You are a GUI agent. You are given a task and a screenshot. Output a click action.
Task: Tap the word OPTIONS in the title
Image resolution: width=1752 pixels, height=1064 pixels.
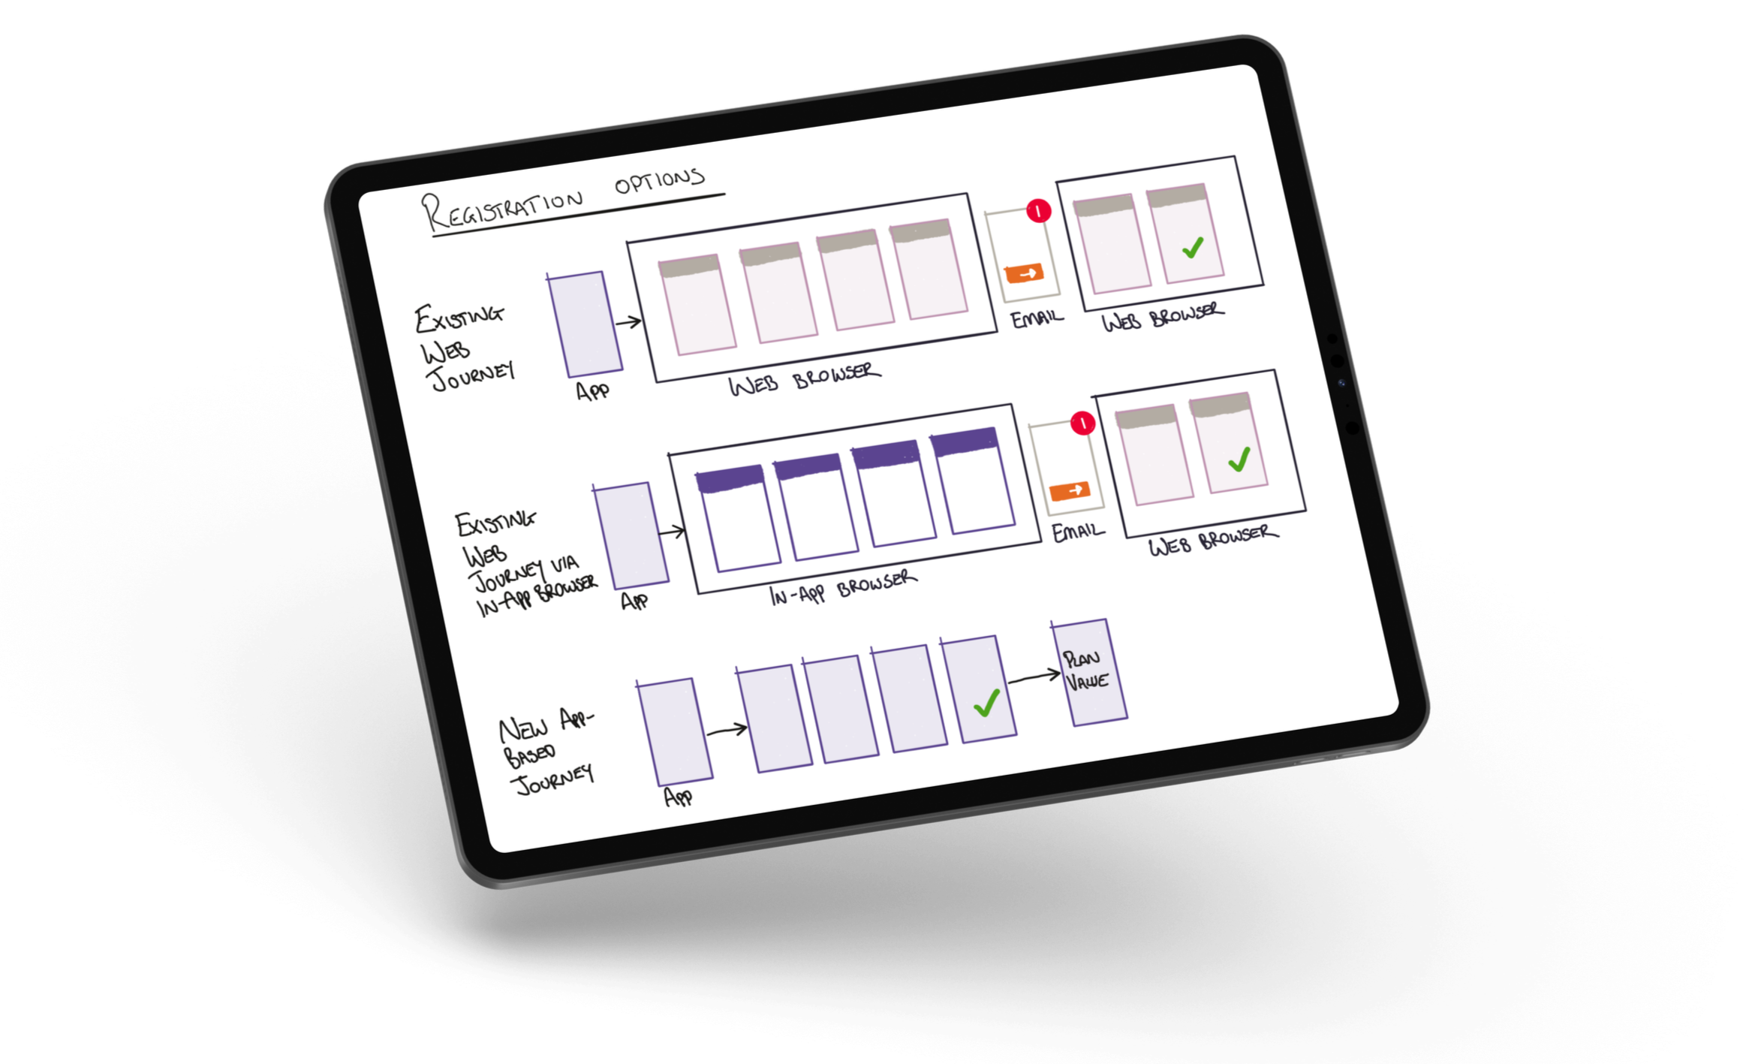click(660, 181)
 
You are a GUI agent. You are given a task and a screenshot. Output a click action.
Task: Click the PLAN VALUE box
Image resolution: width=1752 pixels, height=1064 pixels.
click(1088, 672)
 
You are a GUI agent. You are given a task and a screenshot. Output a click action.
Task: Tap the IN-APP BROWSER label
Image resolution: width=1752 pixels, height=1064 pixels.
click(843, 587)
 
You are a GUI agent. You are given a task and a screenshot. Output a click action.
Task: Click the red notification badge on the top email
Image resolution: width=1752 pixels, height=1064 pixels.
click(1039, 211)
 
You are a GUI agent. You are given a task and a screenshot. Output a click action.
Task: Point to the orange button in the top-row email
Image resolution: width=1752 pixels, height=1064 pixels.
click(1025, 273)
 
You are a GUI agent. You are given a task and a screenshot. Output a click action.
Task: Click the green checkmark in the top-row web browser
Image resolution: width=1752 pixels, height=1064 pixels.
click(1193, 247)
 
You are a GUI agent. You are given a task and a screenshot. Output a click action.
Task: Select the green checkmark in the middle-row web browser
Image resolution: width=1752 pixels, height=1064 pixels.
click(1239, 459)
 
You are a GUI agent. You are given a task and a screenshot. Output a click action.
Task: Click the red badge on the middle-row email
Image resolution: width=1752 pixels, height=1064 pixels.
click(1082, 424)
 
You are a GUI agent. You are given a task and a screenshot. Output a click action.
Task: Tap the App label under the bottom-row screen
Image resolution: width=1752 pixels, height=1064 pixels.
click(679, 797)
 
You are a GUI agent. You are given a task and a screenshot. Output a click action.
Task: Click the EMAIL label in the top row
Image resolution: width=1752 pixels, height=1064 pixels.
click(1037, 318)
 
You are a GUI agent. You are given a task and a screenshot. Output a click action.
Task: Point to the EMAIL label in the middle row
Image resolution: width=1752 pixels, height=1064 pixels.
click(1079, 532)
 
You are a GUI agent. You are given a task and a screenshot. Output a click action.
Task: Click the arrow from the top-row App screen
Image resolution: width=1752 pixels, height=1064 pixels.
click(628, 322)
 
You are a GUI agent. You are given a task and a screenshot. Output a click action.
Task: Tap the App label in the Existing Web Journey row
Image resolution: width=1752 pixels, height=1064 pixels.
click(593, 391)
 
